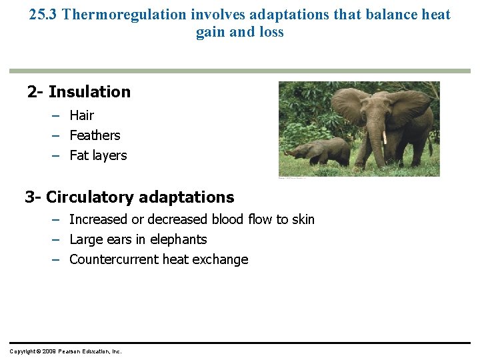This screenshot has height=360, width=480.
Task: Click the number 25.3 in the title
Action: pyautogui.click(x=43, y=15)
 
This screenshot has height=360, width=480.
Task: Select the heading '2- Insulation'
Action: pyautogui.click(x=79, y=92)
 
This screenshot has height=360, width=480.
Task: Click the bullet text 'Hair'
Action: pyautogui.click(x=82, y=115)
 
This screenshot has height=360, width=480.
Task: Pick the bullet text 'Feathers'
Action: pyautogui.click(x=95, y=135)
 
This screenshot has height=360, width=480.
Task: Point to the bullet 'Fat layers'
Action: pyautogui.click(x=98, y=155)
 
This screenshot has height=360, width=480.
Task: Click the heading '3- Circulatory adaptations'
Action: pyautogui.click(x=129, y=197)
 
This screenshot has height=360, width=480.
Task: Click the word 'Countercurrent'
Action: pyautogui.click(x=114, y=259)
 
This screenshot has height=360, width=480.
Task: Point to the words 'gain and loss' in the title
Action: pyautogui.click(x=239, y=32)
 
